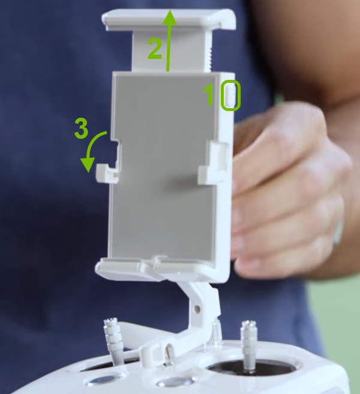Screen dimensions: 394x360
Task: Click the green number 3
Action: [82, 128]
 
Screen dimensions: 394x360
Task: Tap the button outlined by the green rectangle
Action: [230, 96]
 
